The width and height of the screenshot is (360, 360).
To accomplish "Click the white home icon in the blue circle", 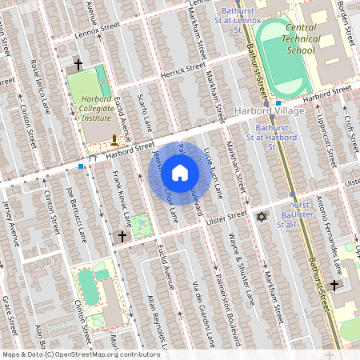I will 180,172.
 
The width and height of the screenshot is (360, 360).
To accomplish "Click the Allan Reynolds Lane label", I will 155,320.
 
